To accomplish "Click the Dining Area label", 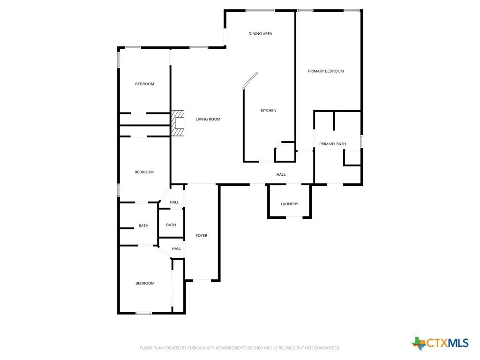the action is pyautogui.click(x=260, y=34).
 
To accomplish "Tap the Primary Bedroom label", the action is pyautogui.click(x=326, y=71).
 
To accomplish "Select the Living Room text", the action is pyautogui.click(x=208, y=119).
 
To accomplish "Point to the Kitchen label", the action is pyautogui.click(x=268, y=111).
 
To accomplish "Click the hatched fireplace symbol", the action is pyautogui.click(x=178, y=123).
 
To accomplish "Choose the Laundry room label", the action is pyautogui.click(x=289, y=204).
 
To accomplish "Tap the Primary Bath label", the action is pyautogui.click(x=332, y=144).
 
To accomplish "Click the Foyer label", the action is pyautogui.click(x=202, y=235).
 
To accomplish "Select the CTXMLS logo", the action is pyautogui.click(x=440, y=343).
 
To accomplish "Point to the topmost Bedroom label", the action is pyautogui.click(x=144, y=84).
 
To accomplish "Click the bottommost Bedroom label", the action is pyautogui.click(x=145, y=283).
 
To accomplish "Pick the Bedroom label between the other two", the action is pyautogui.click(x=144, y=172).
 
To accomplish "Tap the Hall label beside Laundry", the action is pyautogui.click(x=281, y=174).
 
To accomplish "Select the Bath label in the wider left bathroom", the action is pyautogui.click(x=143, y=225).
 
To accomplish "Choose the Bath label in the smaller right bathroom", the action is pyautogui.click(x=171, y=225).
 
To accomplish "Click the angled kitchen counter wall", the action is pyautogui.click(x=250, y=81).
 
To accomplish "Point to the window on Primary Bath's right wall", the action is pyautogui.click(x=361, y=142).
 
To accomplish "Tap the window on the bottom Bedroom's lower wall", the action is pyautogui.click(x=143, y=313).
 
